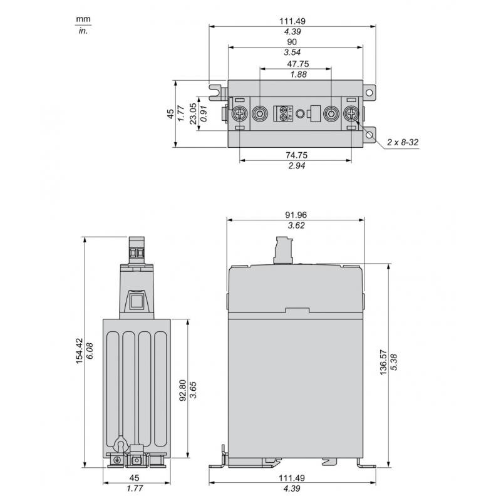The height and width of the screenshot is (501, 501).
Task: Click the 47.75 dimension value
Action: point(298,64)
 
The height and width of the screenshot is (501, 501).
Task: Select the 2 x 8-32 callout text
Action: point(403,142)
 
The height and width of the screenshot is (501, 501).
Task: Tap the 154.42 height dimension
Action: point(80,351)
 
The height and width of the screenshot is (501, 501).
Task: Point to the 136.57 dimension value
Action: point(383,363)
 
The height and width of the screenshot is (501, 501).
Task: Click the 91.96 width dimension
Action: point(296,215)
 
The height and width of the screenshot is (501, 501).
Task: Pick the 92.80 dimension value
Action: point(183,390)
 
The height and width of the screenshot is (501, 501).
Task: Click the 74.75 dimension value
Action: point(296,155)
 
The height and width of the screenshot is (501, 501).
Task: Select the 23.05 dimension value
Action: point(193,113)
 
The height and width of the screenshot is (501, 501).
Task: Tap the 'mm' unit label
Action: point(83,19)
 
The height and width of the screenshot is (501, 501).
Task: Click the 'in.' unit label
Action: point(83,31)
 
